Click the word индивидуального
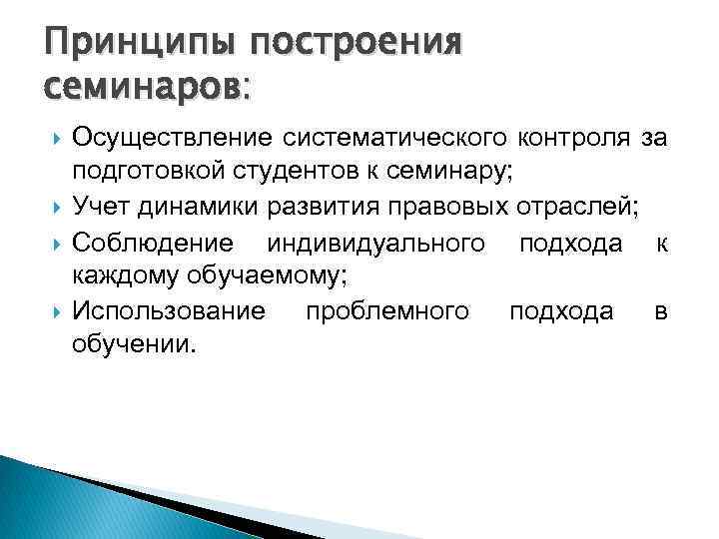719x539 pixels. pyautogui.click(x=379, y=242)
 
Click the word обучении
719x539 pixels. pyautogui.click(x=136, y=344)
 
